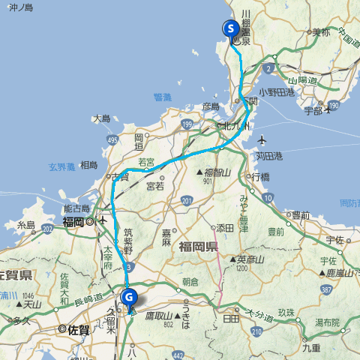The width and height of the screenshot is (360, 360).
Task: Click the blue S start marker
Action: coord(232,29)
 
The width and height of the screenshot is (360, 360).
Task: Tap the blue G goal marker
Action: coord(130,298)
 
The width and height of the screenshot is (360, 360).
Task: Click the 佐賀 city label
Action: coord(73,328)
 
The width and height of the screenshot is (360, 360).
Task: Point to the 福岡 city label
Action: coord(74,222)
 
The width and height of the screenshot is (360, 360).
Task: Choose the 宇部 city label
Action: coord(313,111)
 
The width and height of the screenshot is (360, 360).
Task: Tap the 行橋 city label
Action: coord(260,177)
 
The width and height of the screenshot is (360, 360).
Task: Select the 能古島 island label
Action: coord(77,208)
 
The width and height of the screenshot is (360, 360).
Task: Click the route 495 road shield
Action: coord(112,139)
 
